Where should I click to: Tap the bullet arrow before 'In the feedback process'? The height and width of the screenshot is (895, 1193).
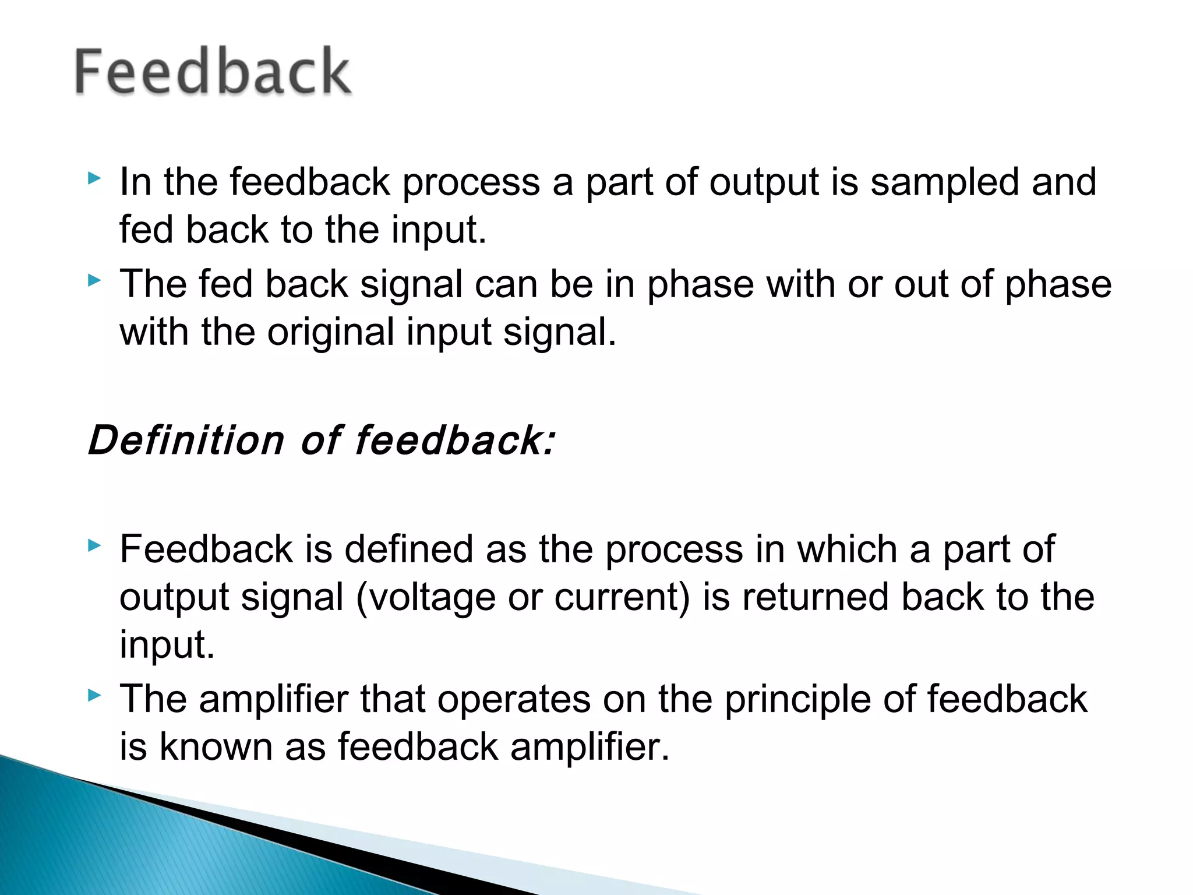(94, 178)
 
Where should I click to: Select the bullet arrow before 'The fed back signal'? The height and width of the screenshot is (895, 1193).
(94, 281)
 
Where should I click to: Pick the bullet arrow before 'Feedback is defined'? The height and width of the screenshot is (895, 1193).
(94, 546)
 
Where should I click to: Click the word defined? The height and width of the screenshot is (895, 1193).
(408, 549)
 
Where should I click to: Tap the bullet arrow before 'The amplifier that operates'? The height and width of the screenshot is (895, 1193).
(94, 695)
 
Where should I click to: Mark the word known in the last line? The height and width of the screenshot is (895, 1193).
(216, 747)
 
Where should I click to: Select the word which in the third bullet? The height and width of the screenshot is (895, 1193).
(846, 549)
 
